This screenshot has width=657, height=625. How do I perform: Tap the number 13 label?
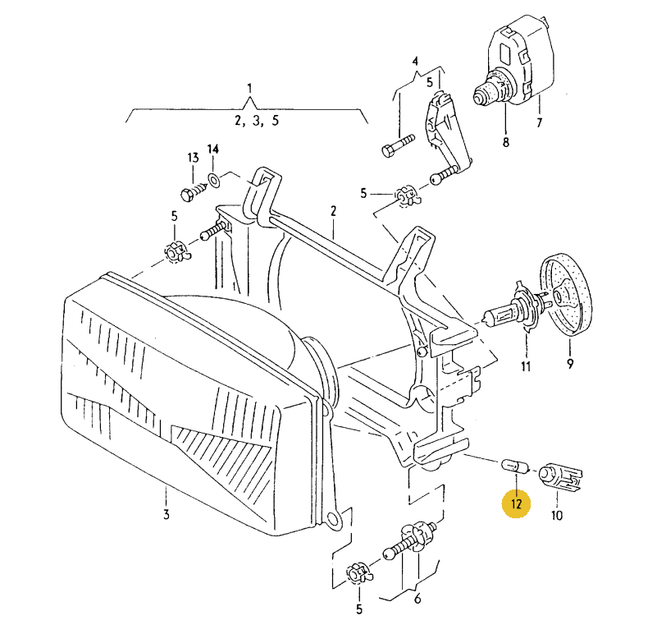click(193, 158)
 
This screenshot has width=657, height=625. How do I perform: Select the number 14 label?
click(213, 149)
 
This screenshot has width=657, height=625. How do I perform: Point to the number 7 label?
click(540, 123)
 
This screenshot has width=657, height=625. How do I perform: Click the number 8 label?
click(505, 142)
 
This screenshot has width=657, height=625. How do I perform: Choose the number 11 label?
click(526, 365)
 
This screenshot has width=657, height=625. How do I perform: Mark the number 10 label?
click(557, 516)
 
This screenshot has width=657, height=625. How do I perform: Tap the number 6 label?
click(417, 599)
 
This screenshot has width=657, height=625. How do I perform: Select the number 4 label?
click(415, 62)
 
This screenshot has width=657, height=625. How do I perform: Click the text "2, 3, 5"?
click(257, 120)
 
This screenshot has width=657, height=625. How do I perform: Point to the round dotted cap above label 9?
click(563, 296)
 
